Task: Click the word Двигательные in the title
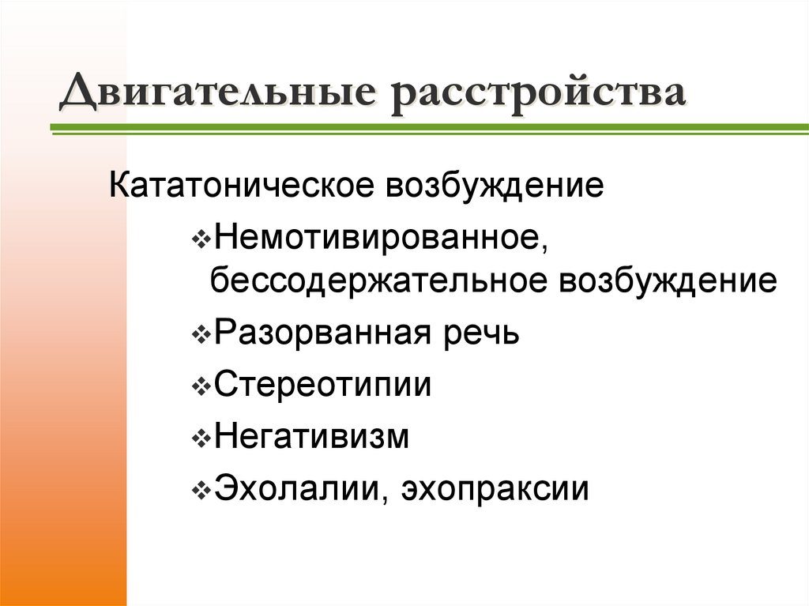[222, 94]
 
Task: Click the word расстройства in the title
[537, 94]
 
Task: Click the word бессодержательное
[380, 282]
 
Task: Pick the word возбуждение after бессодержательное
[668, 282]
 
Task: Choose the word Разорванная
[319, 333]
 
